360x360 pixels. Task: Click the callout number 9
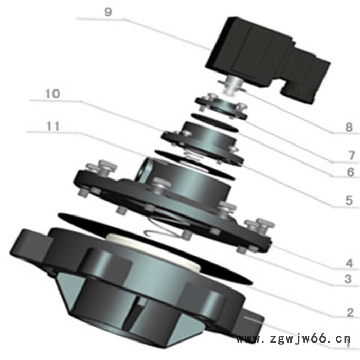(x=108, y=12)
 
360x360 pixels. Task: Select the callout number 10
(x=53, y=94)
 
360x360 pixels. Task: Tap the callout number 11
(x=53, y=126)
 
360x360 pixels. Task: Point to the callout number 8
(x=349, y=127)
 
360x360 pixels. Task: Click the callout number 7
(x=351, y=156)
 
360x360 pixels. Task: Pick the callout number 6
(x=350, y=172)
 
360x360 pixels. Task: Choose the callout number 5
(x=349, y=201)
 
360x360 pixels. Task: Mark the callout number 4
(x=349, y=263)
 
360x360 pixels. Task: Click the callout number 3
(x=348, y=279)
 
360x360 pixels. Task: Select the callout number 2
(x=350, y=313)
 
